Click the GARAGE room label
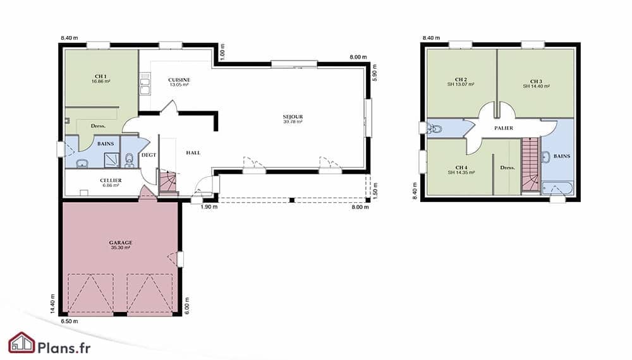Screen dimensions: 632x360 tap(121, 243)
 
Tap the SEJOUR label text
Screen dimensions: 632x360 tap(293, 117)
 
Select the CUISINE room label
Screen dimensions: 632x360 tap(179, 80)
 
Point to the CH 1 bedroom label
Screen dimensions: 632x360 tap(100, 76)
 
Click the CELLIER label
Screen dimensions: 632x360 tap(111, 181)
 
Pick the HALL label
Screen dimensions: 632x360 tap(193, 153)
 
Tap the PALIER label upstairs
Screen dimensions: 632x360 tap(504, 128)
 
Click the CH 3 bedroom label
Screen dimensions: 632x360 tap(536, 81)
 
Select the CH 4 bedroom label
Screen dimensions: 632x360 tap(461, 167)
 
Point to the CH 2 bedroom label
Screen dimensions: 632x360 tap(461, 80)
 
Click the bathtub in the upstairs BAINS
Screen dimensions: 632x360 tap(557, 188)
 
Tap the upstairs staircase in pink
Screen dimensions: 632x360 tap(530, 165)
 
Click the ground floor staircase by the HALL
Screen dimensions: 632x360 tap(168, 183)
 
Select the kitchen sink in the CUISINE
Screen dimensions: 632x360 tap(145, 84)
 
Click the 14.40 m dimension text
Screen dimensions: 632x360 tap(52, 303)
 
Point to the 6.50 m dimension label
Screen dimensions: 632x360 tap(70, 321)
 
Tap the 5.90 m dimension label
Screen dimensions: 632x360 tap(374, 73)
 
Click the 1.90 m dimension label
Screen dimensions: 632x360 tap(209, 207)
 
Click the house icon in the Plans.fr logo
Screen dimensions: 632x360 tap(21, 343)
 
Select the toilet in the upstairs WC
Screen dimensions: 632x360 tap(435, 129)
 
